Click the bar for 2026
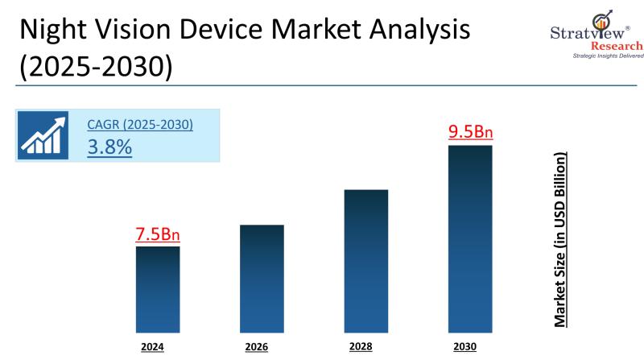click(x=262, y=278)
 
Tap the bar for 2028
click(x=366, y=260)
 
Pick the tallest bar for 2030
click(x=470, y=238)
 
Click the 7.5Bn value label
click(x=158, y=234)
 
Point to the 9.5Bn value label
click(x=470, y=132)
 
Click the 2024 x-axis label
click(x=152, y=348)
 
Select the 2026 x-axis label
click(x=257, y=348)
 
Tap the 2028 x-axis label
click(x=361, y=347)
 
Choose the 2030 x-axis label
click(x=465, y=347)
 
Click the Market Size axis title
click(x=560, y=238)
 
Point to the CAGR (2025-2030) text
click(x=140, y=126)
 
